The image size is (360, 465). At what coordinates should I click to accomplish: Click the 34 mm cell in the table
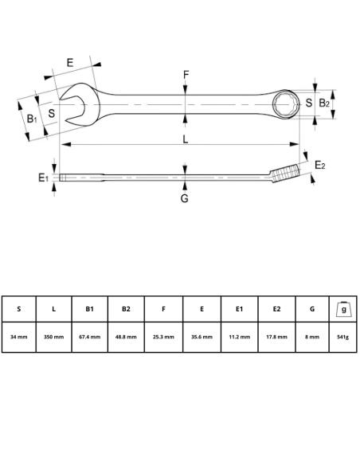pyautogui.click(x=19, y=337)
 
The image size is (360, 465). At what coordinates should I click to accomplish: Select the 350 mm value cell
pyautogui.click(x=54, y=337)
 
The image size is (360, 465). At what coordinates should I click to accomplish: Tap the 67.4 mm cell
pyautogui.click(x=90, y=337)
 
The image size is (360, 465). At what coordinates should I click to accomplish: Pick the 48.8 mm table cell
pyautogui.click(x=126, y=337)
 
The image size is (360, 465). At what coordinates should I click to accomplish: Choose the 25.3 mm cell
pyautogui.click(x=163, y=337)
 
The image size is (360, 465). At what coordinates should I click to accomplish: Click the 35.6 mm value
pyautogui.click(x=202, y=337)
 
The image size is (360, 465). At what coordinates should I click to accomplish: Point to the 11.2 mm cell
pyautogui.click(x=239, y=337)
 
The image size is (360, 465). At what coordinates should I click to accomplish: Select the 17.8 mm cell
pyautogui.click(x=276, y=337)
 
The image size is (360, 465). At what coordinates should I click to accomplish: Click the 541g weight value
pyautogui.click(x=343, y=337)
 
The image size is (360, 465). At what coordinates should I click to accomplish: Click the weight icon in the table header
pyautogui.click(x=343, y=308)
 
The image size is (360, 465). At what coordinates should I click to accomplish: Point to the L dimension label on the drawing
pyautogui.click(x=185, y=139)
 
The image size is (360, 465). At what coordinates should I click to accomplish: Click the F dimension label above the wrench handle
pyautogui.click(x=186, y=76)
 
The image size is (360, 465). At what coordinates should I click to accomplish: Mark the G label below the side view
pyautogui.click(x=184, y=198)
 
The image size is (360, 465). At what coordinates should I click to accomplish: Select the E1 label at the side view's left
pyautogui.click(x=44, y=178)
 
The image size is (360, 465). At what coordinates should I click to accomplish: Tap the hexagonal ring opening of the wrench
pyautogui.click(x=286, y=104)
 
